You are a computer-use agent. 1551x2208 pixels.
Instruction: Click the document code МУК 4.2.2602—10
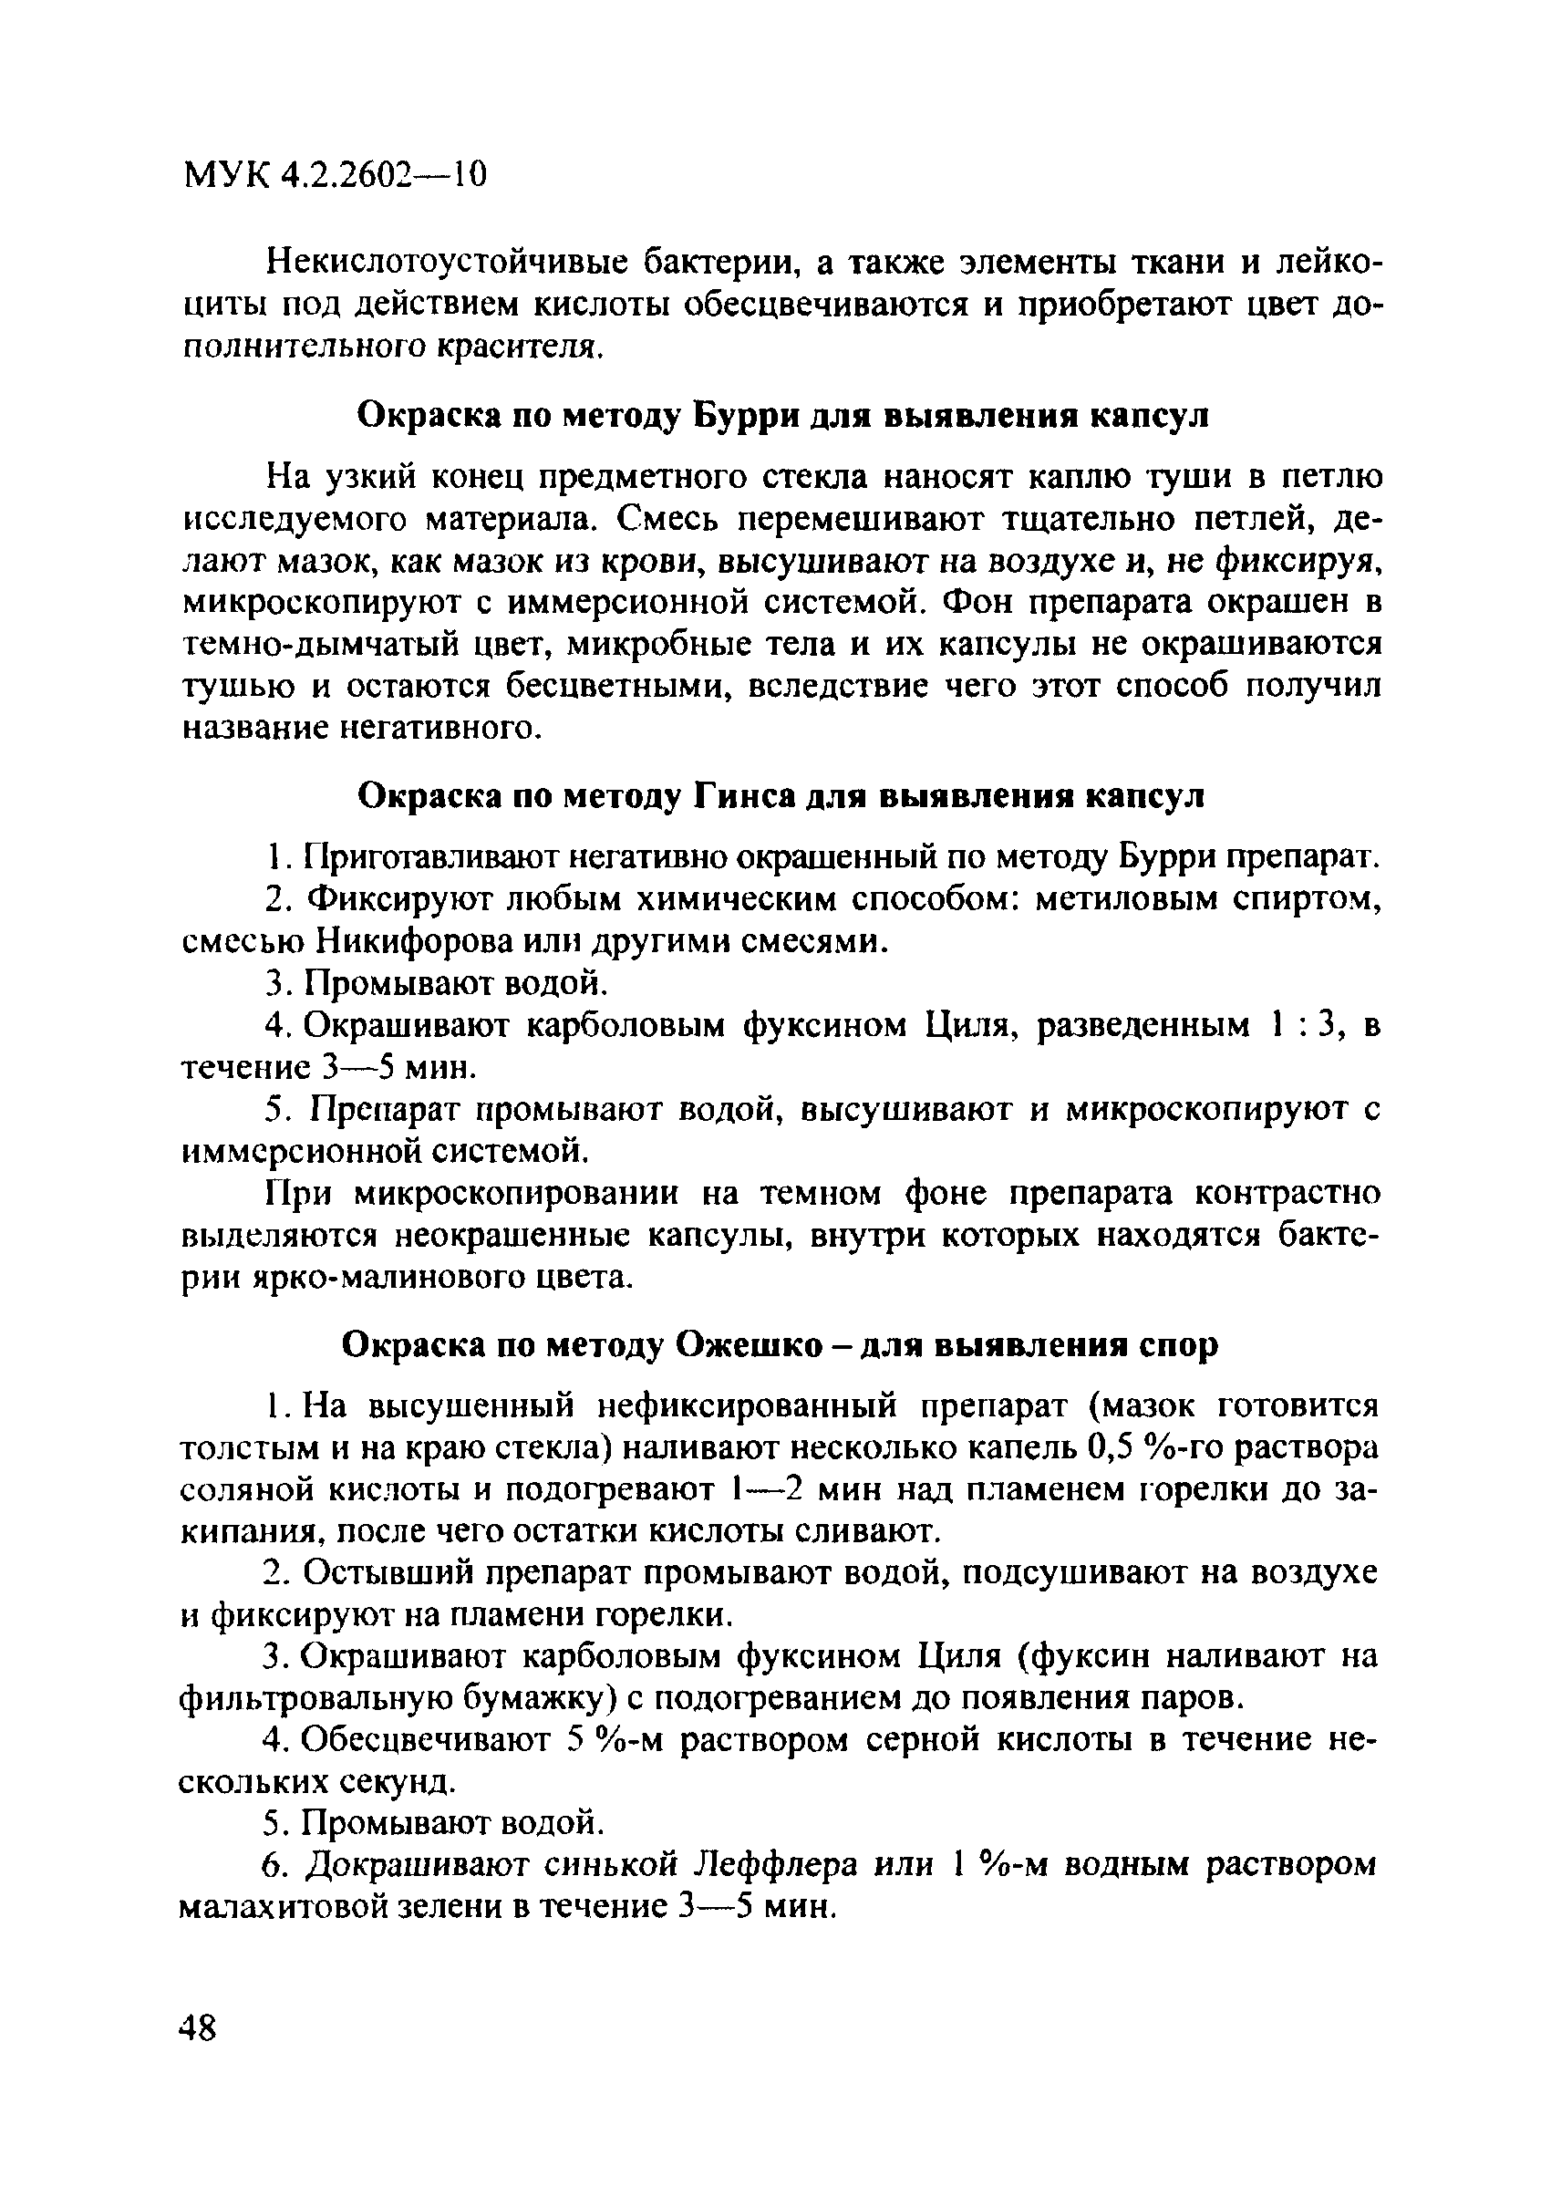coord(335,175)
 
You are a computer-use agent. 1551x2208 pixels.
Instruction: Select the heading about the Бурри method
coord(782,417)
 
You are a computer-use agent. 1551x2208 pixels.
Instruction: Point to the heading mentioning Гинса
coord(780,796)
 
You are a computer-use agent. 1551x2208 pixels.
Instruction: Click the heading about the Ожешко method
coord(780,1344)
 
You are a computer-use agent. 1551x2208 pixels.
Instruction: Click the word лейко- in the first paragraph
coord(1328,263)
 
